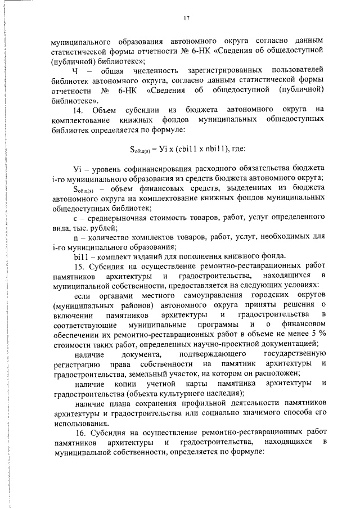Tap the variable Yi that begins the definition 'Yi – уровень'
pyautogui.click(x=78, y=168)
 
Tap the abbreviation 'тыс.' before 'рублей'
pyautogui.click(x=79, y=227)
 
